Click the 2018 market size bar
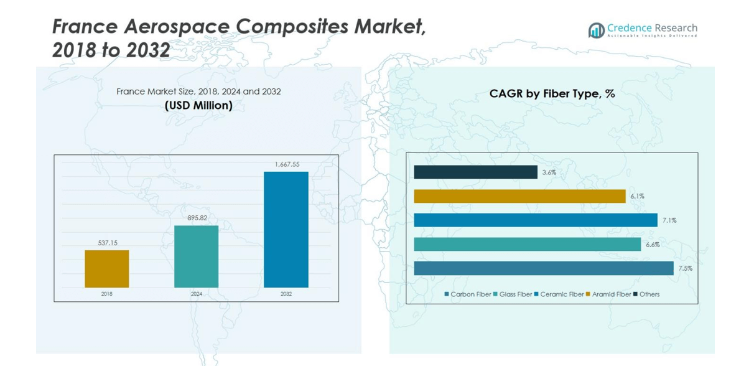click(107, 269)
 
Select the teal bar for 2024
click(197, 256)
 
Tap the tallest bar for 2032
click(286, 230)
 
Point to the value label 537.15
click(107, 243)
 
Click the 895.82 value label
click(197, 218)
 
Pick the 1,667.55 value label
click(287, 164)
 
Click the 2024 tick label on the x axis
click(197, 294)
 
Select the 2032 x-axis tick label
click(286, 294)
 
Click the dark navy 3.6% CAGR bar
click(475, 172)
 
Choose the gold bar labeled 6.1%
click(519, 196)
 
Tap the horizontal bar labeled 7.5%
click(543, 268)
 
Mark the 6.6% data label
click(653, 245)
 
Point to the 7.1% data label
click(669, 220)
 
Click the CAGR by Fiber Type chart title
click(552, 94)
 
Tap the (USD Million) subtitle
click(198, 106)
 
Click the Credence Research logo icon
click(596, 30)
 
